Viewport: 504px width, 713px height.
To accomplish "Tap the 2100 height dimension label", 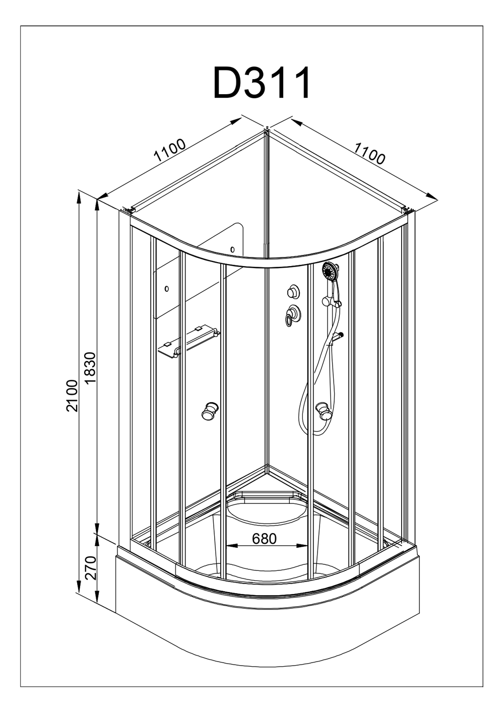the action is pos(72,396).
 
